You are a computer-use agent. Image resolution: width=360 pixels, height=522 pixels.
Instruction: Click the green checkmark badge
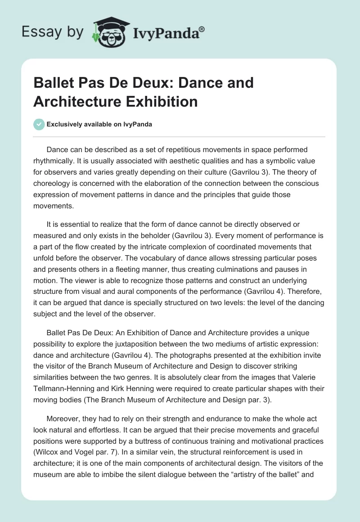(39, 124)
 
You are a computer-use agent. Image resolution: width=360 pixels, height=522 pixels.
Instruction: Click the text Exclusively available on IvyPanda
(99, 124)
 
